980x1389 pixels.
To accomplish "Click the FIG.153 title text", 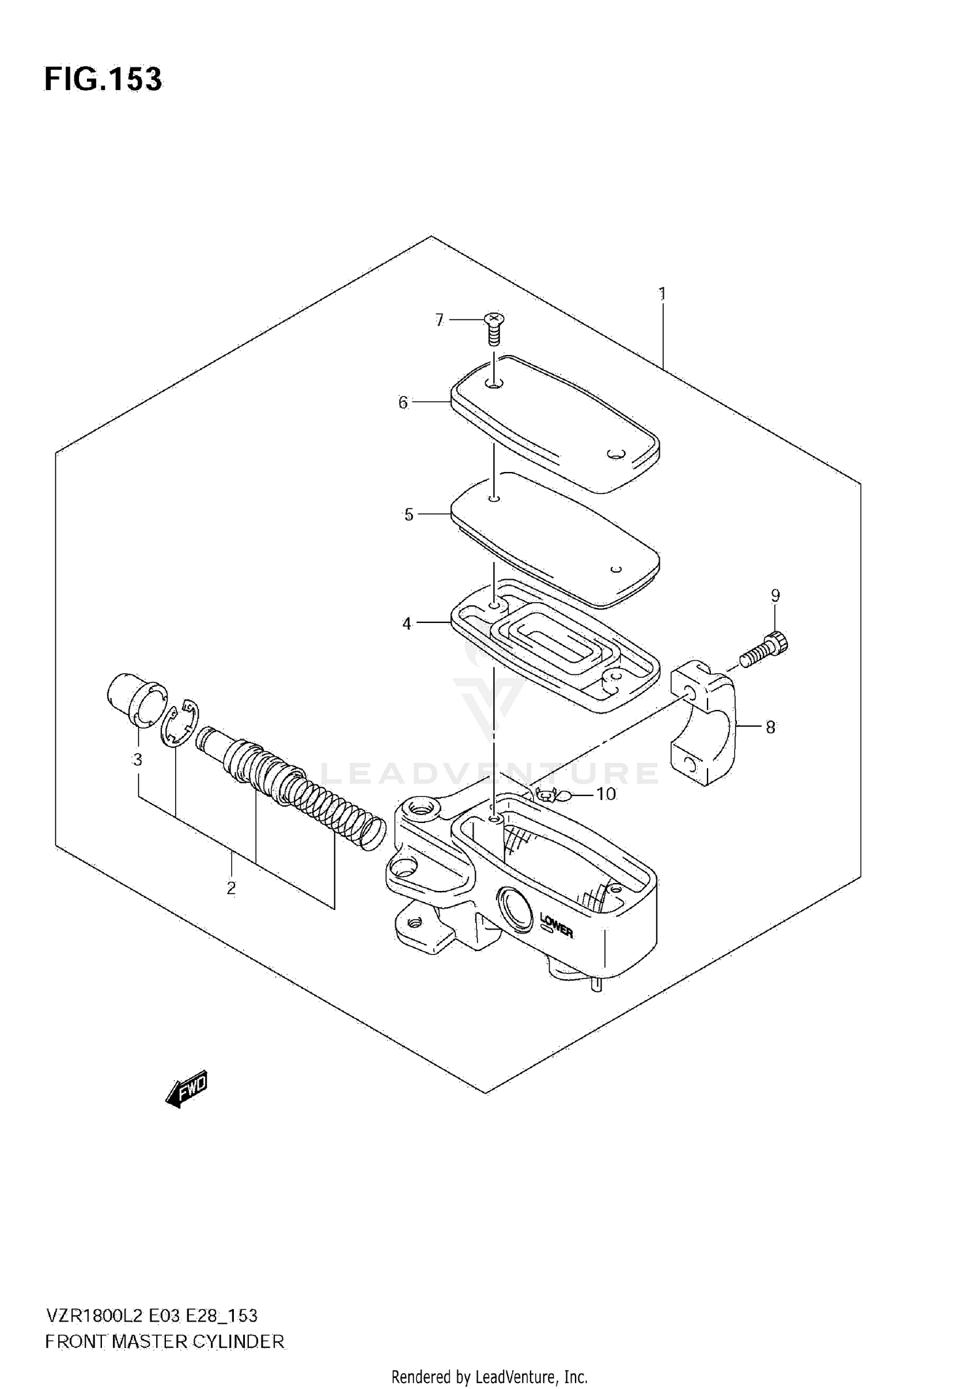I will point(103,80).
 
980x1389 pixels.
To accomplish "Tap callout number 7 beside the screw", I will point(439,320).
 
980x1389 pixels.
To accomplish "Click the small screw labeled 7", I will point(495,329).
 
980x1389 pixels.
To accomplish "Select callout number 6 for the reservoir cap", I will point(403,403).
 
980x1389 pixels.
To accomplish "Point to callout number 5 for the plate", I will point(409,515).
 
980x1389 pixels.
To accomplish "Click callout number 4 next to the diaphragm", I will point(407,624).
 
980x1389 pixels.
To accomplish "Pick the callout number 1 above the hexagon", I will point(662,294).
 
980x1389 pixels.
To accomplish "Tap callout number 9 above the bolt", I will point(775,595).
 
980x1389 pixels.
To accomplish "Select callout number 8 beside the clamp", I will point(770,727).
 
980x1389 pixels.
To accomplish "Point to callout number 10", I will point(606,794).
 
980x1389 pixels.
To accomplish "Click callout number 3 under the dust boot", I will point(137,760).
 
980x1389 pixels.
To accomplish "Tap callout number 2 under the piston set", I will point(231,888).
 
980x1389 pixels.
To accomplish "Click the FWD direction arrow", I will point(187,1088).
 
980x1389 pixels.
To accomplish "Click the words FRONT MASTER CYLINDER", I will point(165,1342).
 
